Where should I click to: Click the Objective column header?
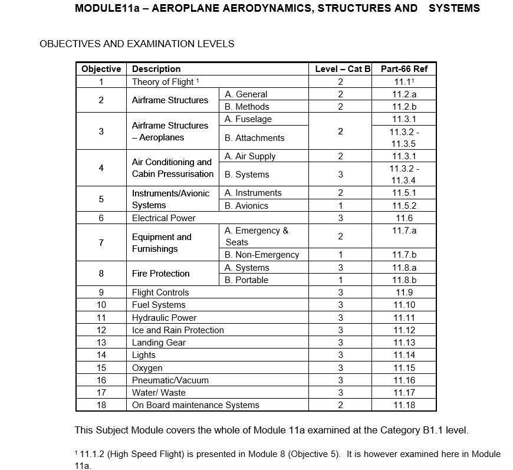(x=101, y=69)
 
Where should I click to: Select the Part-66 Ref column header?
(x=404, y=69)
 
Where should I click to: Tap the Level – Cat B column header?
(x=340, y=69)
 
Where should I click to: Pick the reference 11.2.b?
(x=404, y=107)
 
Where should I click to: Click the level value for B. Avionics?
(x=340, y=206)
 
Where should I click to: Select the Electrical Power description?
(x=163, y=218)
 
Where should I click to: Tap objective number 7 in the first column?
(x=101, y=243)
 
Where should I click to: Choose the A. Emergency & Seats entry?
(x=256, y=236)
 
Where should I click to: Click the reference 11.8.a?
(x=404, y=268)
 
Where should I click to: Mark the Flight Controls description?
(x=160, y=292)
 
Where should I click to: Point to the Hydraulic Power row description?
(x=164, y=318)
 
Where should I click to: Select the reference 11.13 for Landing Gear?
(x=404, y=343)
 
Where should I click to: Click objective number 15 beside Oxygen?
(x=101, y=368)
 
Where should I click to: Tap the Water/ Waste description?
(x=159, y=393)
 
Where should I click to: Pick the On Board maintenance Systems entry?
(x=195, y=405)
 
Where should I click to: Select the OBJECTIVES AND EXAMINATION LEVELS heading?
(x=137, y=44)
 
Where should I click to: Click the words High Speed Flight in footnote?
(x=136, y=454)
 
